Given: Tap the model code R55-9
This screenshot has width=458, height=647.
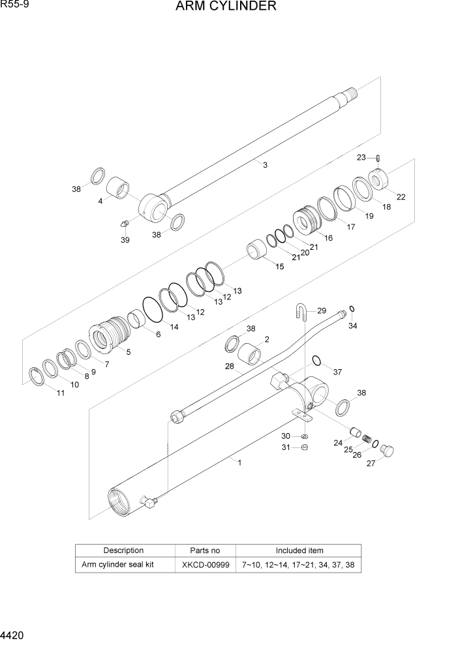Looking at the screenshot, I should (x=14, y=6).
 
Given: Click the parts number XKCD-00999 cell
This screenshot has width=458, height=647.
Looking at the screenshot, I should (x=205, y=564).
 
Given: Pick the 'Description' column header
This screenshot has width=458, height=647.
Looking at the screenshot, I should (x=123, y=550).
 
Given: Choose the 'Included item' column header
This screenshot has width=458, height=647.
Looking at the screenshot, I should (x=298, y=550).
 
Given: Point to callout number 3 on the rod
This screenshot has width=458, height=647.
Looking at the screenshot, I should (x=265, y=165).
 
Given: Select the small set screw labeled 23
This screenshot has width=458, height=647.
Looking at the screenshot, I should (x=379, y=157).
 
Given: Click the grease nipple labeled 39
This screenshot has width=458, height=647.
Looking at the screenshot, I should (x=125, y=224).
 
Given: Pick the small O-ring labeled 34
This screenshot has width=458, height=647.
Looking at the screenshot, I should (x=352, y=308).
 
